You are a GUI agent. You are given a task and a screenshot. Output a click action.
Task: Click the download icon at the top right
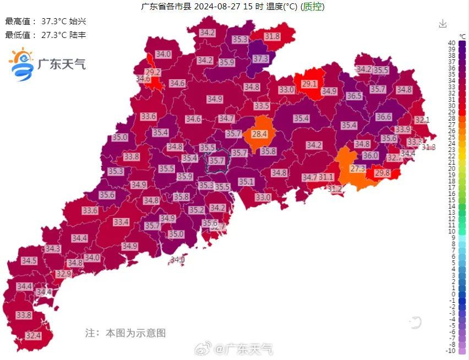[443, 24]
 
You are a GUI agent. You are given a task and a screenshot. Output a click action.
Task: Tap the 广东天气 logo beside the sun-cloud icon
[61, 64]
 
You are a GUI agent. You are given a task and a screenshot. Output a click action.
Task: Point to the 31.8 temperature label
[272, 36]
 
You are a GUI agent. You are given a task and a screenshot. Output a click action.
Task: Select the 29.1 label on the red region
[309, 84]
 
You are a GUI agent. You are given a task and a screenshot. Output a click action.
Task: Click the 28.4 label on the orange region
[259, 134]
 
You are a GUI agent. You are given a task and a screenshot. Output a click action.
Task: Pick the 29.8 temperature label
[382, 173]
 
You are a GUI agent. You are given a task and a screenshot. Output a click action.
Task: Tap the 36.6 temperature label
[384, 117]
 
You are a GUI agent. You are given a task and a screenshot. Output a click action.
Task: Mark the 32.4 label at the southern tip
[33, 335]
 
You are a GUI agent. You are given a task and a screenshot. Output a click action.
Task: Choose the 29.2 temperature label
[152, 72]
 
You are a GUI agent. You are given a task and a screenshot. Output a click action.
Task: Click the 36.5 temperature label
[354, 96]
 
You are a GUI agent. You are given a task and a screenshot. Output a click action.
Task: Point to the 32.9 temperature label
[64, 274]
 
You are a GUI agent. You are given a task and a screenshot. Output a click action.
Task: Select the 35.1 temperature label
[246, 182]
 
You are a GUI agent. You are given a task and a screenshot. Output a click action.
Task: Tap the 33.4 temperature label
[121, 222]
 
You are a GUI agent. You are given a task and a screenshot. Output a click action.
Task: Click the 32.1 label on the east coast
[422, 119]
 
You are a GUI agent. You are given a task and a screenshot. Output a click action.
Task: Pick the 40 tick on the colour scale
[451, 43]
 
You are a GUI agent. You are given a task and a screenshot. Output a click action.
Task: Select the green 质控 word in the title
[313, 7]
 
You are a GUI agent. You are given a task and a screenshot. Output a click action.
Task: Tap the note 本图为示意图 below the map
[126, 333]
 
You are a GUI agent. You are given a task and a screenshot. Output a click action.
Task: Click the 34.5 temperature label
[29, 260]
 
